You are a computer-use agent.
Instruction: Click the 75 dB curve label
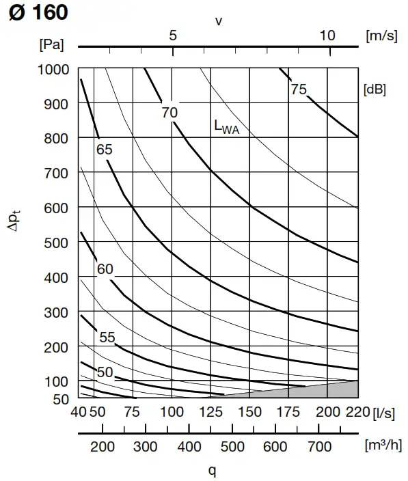(x=299, y=90)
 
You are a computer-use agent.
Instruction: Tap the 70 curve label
(x=169, y=113)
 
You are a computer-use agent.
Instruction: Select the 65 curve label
(x=104, y=149)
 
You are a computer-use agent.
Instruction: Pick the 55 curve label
(x=107, y=338)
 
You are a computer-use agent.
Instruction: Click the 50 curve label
(x=105, y=372)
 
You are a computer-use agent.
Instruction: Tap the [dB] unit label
(x=375, y=90)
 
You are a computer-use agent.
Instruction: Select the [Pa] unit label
(x=52, y=46)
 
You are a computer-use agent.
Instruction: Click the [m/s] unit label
(x=381, y=36)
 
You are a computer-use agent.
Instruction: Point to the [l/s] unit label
(x=385, y=412)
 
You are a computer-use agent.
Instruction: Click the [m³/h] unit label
(x=383, y=446)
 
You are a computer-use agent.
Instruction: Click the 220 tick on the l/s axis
(x=358, y=412)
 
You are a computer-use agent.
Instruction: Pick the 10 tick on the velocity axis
(x=327, y=36)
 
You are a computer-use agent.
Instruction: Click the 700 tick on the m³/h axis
(x=318, y=447)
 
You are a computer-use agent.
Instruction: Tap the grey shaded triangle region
(x=335, y=391)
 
